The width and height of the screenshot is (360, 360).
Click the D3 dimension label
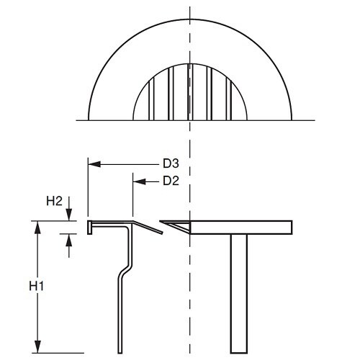(170, 165)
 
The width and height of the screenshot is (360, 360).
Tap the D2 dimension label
(170, 181)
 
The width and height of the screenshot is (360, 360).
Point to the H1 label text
(37, 287)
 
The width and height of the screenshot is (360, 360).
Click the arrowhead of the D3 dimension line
(92, 165)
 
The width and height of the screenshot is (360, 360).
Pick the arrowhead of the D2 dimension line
(138, 181)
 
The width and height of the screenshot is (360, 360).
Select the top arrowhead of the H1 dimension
(35, 225)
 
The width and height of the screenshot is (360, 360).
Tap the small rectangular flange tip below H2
(90, 228)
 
